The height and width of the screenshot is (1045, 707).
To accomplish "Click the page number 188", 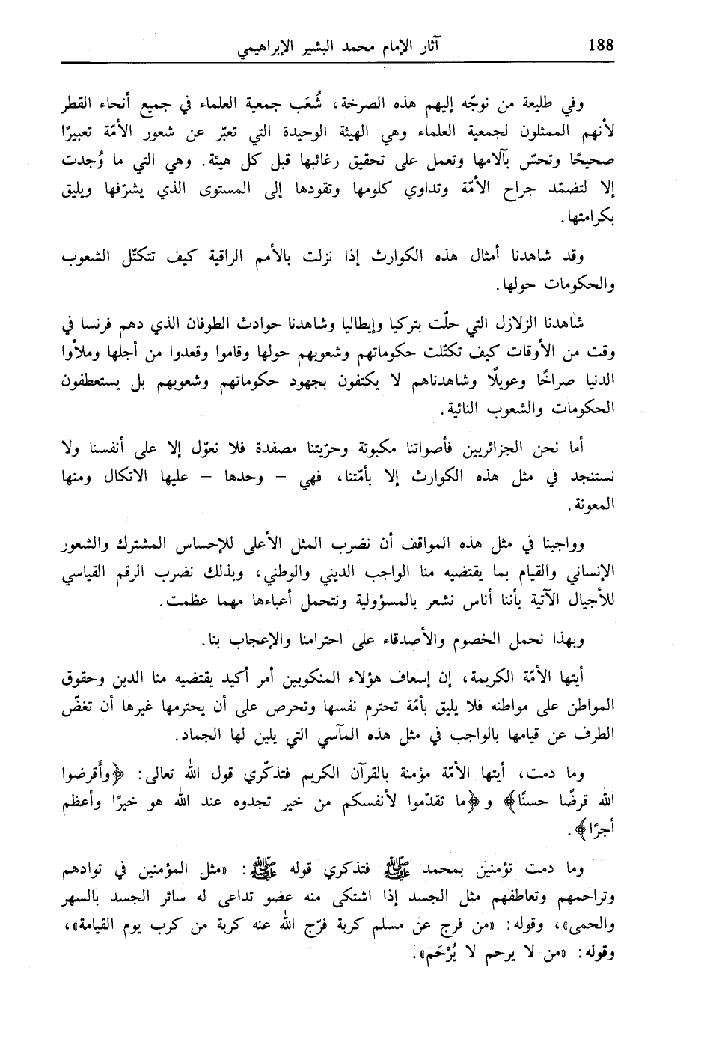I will click(600, 44).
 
